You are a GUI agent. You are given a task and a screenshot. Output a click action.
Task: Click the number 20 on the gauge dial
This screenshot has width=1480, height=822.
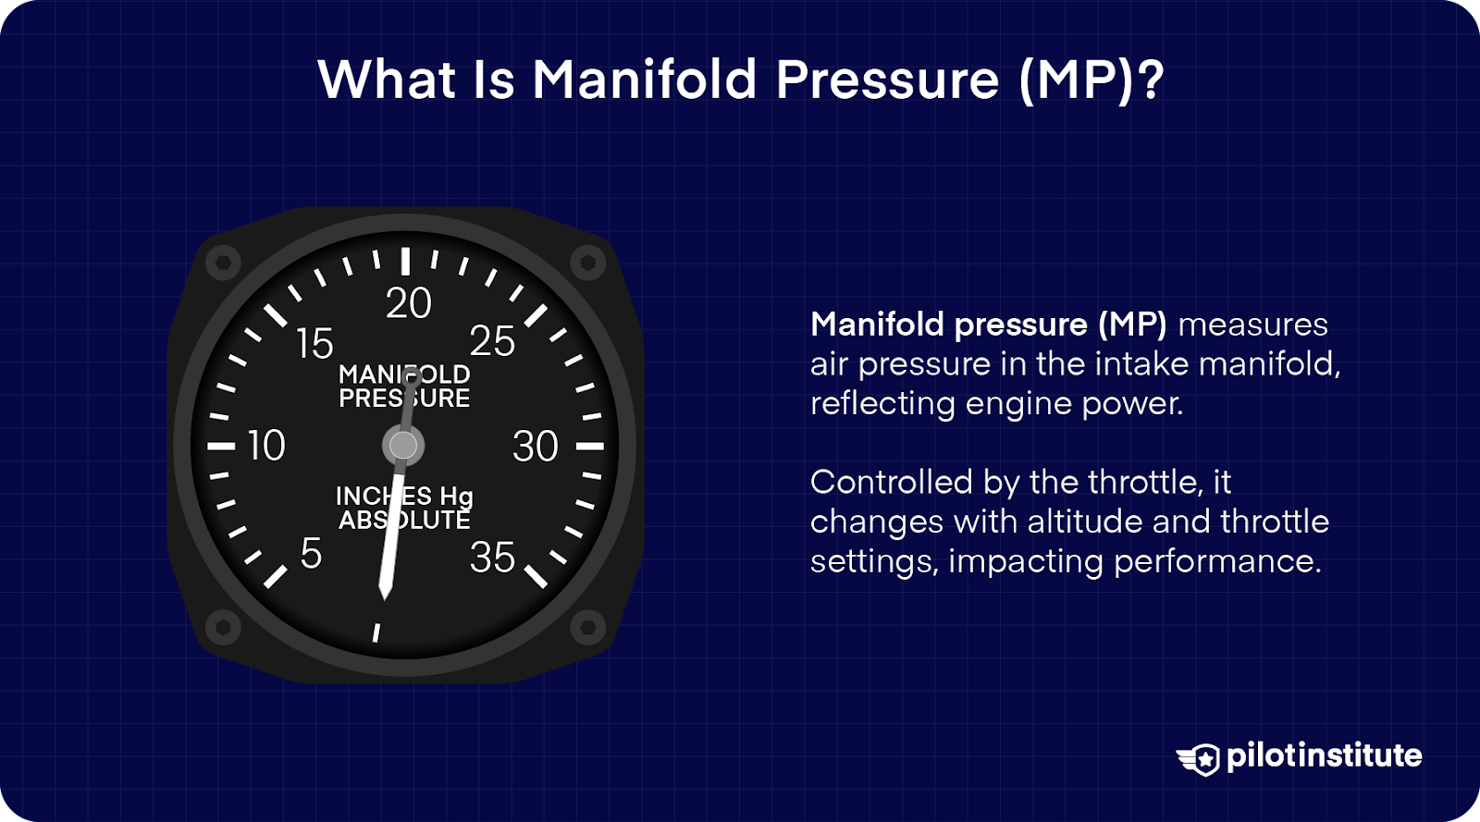408,304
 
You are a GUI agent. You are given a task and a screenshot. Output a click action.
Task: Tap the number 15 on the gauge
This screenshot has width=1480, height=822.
314,344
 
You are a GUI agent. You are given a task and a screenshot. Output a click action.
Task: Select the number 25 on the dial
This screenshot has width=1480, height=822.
492,341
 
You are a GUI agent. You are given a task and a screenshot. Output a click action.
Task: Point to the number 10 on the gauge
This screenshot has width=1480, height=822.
266,447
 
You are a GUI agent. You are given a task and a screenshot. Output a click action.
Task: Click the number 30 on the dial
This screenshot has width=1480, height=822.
536,447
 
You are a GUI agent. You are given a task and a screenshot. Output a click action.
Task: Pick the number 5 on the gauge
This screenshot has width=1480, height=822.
311,554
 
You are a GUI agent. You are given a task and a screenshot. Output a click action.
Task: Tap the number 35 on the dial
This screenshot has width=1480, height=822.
492,558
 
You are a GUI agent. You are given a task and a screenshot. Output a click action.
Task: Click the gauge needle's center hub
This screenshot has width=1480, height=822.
403,446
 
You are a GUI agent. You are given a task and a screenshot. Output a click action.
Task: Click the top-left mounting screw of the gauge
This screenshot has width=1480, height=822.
223,264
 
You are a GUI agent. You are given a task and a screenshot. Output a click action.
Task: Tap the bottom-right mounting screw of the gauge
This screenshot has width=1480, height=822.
586,627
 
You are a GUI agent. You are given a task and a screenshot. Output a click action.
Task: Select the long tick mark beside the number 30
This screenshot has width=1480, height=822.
590,447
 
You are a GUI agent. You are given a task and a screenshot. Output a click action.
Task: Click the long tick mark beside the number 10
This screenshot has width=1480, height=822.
221,447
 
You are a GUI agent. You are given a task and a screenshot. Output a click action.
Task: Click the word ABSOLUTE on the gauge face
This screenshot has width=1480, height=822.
404,521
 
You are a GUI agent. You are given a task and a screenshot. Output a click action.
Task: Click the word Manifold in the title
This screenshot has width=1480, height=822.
645,80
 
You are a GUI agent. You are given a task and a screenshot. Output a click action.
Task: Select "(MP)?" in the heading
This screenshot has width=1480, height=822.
1091,80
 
